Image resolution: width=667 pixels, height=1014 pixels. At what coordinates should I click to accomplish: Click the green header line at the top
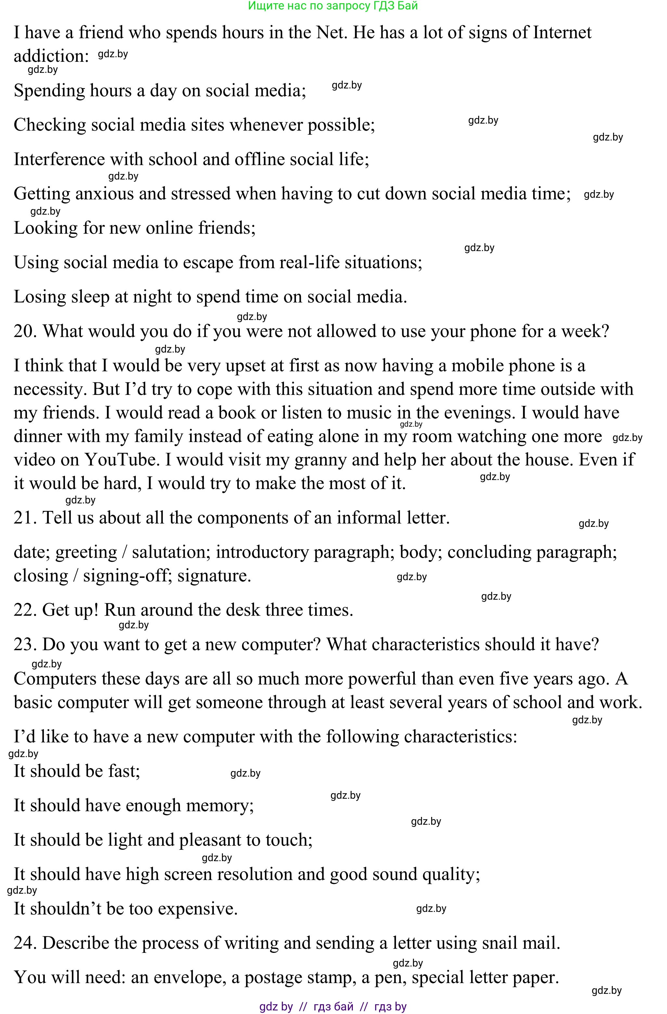click(333, 6)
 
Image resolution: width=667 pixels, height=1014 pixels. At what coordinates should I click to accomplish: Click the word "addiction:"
click(51, 56)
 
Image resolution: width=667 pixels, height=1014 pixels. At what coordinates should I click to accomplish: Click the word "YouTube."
click(122, 460)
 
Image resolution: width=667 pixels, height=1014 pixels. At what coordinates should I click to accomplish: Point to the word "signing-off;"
click(127, 576)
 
